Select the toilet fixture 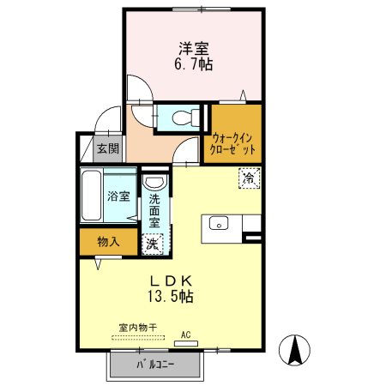(184, 118)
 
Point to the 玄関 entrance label (107, 148)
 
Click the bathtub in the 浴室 (93, 196)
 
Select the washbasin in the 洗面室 (154, 183)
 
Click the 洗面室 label (154, 209)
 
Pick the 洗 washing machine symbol (151, 243)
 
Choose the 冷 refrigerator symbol (248, 178)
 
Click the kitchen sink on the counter (218, 224)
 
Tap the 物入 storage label (108, 243)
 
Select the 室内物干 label (137, 328)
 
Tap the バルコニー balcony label (154, 366)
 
